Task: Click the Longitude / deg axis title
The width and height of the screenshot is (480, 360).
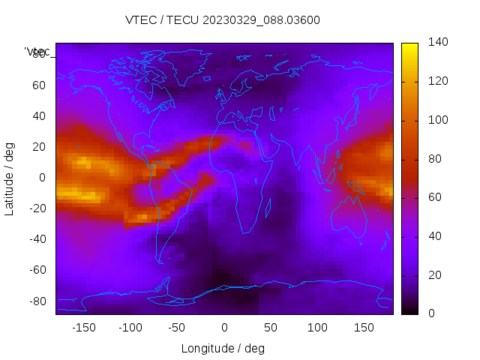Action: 223,348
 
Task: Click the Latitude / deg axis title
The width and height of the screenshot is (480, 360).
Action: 10,178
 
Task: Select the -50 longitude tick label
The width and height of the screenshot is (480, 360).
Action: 177,328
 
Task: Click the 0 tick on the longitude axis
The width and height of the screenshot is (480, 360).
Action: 223,328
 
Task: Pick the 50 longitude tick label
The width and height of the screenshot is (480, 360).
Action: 271,328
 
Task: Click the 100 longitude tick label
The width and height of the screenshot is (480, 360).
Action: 317,328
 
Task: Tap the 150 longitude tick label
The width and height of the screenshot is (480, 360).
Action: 364,328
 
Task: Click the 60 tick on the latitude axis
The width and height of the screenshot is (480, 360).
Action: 39,85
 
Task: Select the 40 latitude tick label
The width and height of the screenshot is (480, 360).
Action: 39,115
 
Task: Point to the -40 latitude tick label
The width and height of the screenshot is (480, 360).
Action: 37,239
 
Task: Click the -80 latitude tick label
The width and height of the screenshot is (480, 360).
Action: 37,301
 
